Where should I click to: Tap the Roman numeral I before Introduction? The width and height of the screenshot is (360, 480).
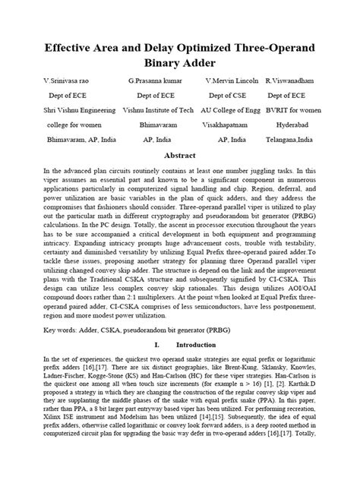[x=155, y=344]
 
